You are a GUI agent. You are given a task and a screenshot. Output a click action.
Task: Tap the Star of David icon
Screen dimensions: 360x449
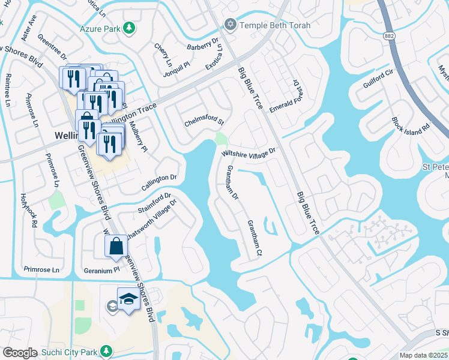pyautogui.click(x=229, y=25)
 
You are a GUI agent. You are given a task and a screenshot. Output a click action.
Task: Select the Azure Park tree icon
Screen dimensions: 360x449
pyautogui.click(x=128, y=28)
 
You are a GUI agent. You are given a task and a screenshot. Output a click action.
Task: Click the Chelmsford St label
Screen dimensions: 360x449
pyautogui.click(x=204, y=123)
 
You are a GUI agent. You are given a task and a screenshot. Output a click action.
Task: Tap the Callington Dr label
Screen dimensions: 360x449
pyautogui.click(x=159, y=178)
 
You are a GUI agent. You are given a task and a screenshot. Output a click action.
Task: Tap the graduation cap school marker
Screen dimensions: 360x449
pyautogui.click(x=128, y=298)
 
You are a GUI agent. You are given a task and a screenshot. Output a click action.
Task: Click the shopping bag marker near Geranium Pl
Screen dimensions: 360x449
pyautogui.click(x=116, y=246)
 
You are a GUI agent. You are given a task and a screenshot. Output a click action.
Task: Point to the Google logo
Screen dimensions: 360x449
pyautogui.click(x=20, y=353)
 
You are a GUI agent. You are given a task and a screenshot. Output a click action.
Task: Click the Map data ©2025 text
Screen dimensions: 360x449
pyautogui.click(x=424, y=355)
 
